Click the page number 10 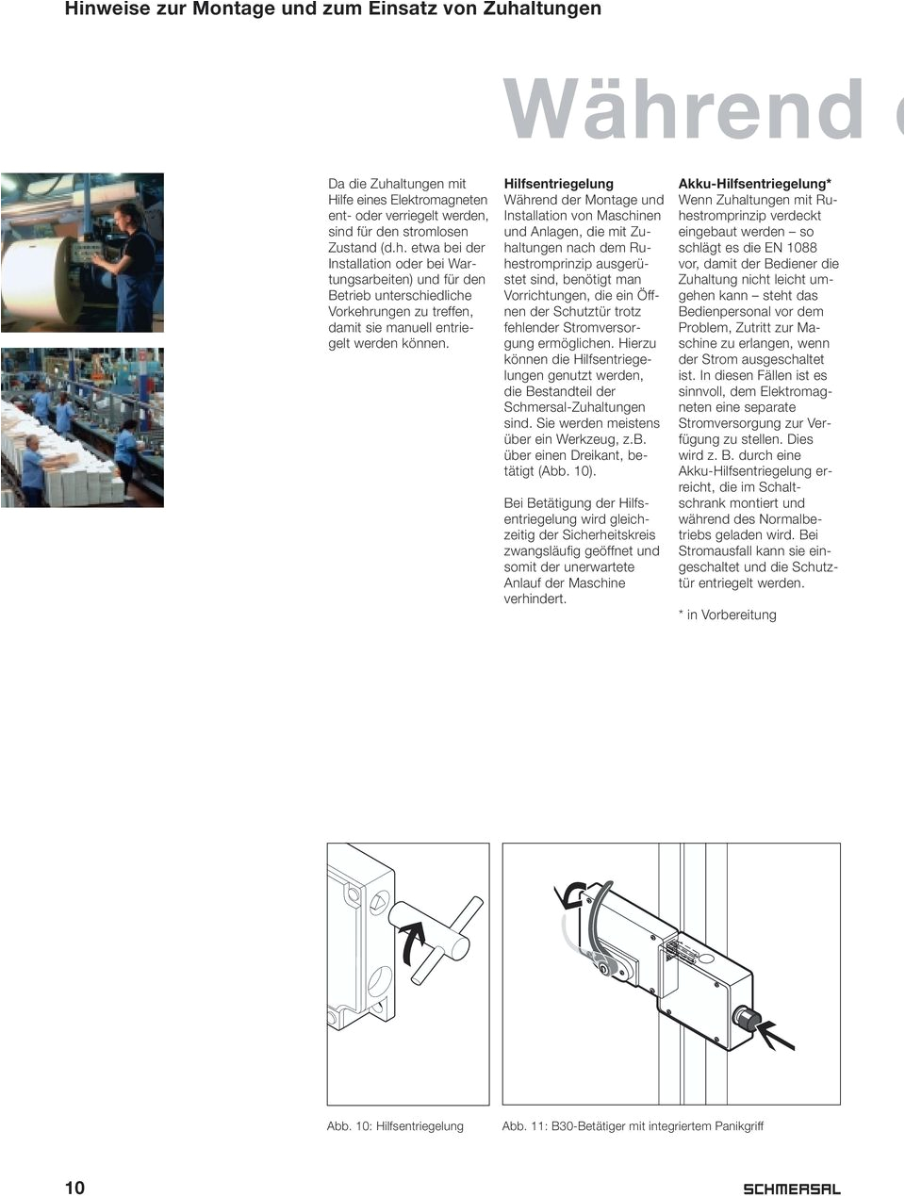74,1187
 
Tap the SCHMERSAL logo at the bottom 792,1189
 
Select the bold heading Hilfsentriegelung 558,184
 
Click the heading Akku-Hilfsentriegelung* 755,184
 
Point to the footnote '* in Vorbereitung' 728,615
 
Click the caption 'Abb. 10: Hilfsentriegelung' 395,1125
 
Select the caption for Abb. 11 633,1125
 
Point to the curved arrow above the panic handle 571,895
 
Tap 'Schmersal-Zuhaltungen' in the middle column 574,407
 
